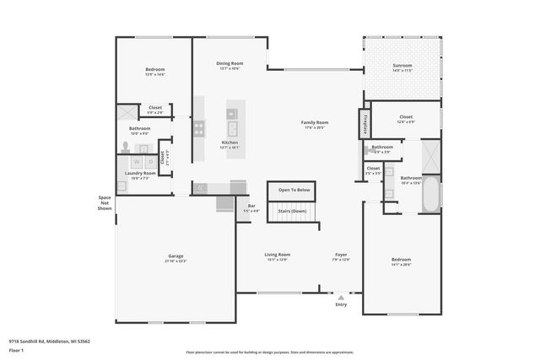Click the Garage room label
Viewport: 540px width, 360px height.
pos(175,255)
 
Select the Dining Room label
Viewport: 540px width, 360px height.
pos(230,63)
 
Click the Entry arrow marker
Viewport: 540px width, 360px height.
pos(341,298)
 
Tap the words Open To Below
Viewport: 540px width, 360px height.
pos(294,190)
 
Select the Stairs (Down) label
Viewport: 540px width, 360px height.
pos(294,212)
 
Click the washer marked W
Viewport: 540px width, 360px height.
pos(137,159)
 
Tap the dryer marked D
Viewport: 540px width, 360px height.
pos(150,159)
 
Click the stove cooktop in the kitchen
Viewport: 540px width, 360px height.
pos(199,129)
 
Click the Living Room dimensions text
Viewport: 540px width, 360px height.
pos(278,260)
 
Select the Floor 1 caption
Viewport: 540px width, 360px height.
pos(16,349)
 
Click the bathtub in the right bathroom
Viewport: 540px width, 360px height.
pos(430,194)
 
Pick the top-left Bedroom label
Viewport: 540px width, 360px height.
pos(154,69)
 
